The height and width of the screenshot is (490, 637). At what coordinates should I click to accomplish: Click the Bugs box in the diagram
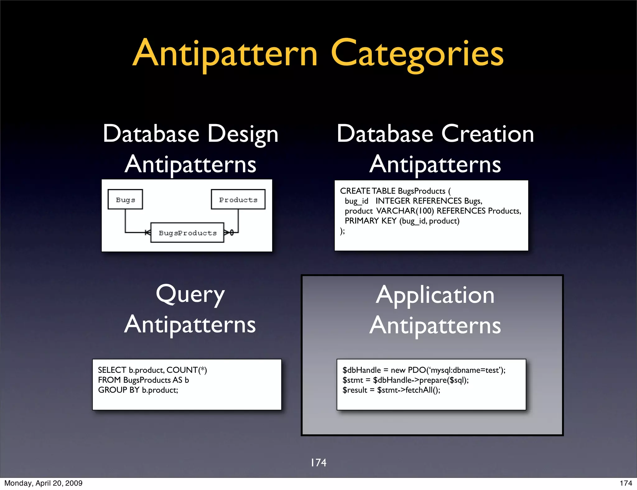(125, 200)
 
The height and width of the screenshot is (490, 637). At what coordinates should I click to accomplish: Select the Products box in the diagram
(238, 200)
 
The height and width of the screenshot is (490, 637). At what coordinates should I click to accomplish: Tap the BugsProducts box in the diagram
(187, 233)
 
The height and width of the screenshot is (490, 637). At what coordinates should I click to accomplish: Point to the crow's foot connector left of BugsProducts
(147, 232)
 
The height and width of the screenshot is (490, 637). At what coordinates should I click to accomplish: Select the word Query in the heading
(190, 295)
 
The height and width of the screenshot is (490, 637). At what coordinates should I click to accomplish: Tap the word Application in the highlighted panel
(435, 295)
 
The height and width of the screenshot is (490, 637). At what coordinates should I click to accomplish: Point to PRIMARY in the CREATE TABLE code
(362, 221)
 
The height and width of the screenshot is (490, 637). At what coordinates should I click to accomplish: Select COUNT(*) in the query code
(187, 370)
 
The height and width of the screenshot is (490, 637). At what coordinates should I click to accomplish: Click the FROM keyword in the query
(109, 380)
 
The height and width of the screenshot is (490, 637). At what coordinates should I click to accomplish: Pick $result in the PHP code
(355, 390)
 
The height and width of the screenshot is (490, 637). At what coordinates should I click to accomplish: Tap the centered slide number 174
(318, 463)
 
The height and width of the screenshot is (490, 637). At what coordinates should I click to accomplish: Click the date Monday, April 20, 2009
(44, 483)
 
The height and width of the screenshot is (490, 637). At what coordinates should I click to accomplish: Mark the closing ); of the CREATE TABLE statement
(342, 231)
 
